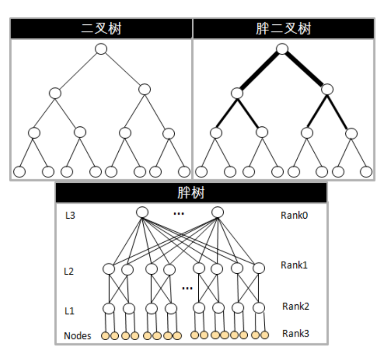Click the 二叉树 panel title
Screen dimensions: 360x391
pyautogui.click(x=101, y=29)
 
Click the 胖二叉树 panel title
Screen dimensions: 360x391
pyautogui.click(x=283, y=29)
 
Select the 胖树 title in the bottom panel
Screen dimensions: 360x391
pyautogui.click(x=191, y=193)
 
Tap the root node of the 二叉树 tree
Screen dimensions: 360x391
pyautogui.click(x=101, y=49)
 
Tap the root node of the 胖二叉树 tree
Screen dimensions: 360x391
pyautogui.click(x=282, y=49)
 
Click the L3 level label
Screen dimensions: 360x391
pyautogui.click(x=70, y=216)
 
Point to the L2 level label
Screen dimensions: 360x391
pyautogui.click(x=69, y=271)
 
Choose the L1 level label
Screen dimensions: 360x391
pyautogui.click(x=69, y=311)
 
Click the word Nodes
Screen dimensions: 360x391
pyautogui.click(x=77, y=336)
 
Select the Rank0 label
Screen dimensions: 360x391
pyautogui.click(x=294, y=215)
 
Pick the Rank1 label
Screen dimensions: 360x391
pyautogui.click(x=294, y=265)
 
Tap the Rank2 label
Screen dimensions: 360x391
pyautogui.click(x=295, y=306)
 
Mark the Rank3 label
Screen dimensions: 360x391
pyautogui.click(x=295, y=334)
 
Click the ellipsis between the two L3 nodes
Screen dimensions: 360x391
pyautogui.click(x=179, y=214)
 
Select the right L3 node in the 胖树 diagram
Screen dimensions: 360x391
pyautogui.click(x=217, y=213)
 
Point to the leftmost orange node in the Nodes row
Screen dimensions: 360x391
pyautogui.click(x=106, y=336)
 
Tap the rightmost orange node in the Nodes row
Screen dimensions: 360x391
pyautogui.click(x=265, y=335)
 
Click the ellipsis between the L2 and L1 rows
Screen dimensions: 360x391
pyautogui.click(x=187, y=288)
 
